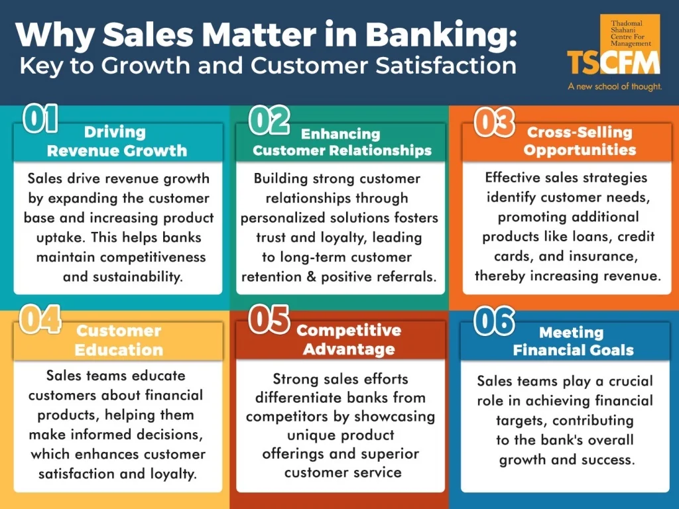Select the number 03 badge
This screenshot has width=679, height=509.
495,122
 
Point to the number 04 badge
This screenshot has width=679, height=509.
40,319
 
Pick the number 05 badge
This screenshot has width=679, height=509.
269,319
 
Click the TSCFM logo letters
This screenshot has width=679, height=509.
613,63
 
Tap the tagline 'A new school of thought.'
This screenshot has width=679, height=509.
614,87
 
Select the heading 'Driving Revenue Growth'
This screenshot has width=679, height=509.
117,141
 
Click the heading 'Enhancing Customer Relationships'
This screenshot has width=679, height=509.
342,142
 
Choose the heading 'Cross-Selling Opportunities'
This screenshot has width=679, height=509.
580,141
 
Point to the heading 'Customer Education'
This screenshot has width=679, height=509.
118,339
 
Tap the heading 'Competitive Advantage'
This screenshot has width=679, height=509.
348,339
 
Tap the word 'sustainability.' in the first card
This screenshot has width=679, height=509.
123,276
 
